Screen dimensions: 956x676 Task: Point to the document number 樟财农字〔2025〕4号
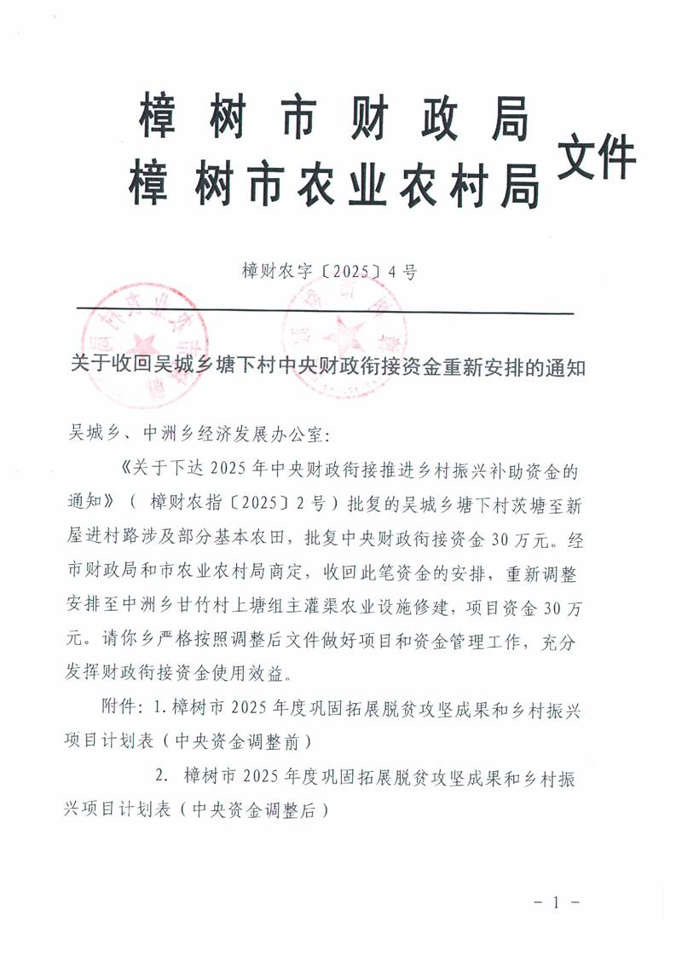(x=328, y=273)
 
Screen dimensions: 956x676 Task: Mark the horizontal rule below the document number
(x=324, y=311)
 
